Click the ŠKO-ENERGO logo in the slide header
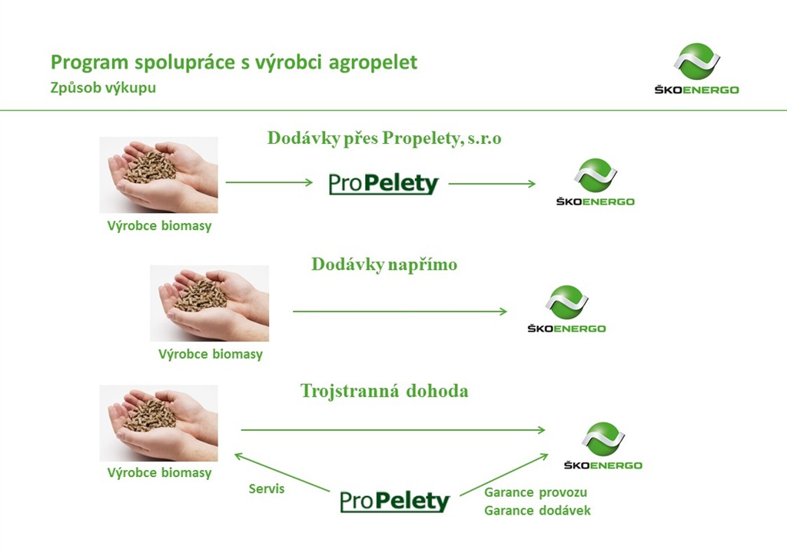click(x=696, y=68)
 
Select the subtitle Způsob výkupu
click(x=103, y=88)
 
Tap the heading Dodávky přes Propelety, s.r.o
click(x=384, y=138)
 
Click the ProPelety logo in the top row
click(x=384, y=183)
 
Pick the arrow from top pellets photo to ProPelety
click(x=269, y=182)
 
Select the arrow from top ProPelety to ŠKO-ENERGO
click(x=492, y=184)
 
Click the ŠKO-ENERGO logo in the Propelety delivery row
click(x=596, y=182)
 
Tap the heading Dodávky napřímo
click(x=384, y=265)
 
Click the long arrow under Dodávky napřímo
click(x=400, y=312)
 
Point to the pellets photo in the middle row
click(x=209, y=303)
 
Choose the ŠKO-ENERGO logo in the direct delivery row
click(x=566, y=309)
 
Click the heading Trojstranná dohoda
click(x=384, y=391)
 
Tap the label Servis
click(x=267, y=489)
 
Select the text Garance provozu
click(x=536, y=492)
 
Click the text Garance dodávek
click(x=537, y=511)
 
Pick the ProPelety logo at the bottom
click(x=394, y=502)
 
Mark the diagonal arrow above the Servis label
click(x=282, y=472)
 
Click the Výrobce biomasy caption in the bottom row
click(x=159, y=473)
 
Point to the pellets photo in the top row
click(x=158, y=175)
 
